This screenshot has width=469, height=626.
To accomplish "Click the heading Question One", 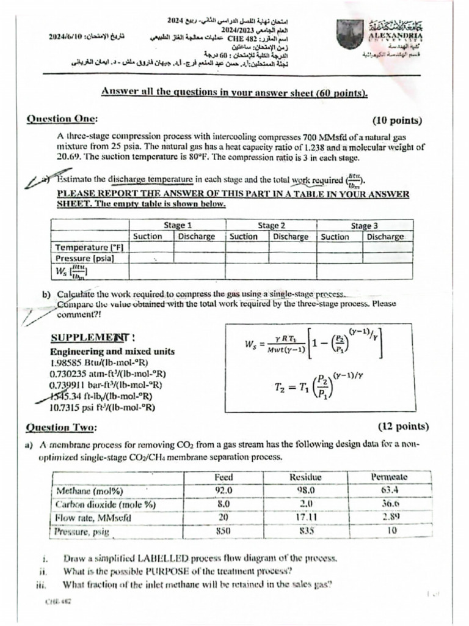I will coord(61,119).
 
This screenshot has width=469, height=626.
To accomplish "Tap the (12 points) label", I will coord(402,426).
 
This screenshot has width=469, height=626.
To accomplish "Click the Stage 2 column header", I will coord(271,225).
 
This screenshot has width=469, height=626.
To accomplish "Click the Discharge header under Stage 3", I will coord(385,237).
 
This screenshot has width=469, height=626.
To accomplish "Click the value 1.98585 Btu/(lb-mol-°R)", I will coord(99,363).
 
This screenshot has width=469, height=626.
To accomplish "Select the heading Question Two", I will coord(61,427).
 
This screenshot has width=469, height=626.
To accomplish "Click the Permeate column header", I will coord(388,477).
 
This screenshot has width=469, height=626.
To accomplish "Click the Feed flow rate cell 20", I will coord(224,517).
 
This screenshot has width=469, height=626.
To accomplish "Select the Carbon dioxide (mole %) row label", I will coord(106,504).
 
